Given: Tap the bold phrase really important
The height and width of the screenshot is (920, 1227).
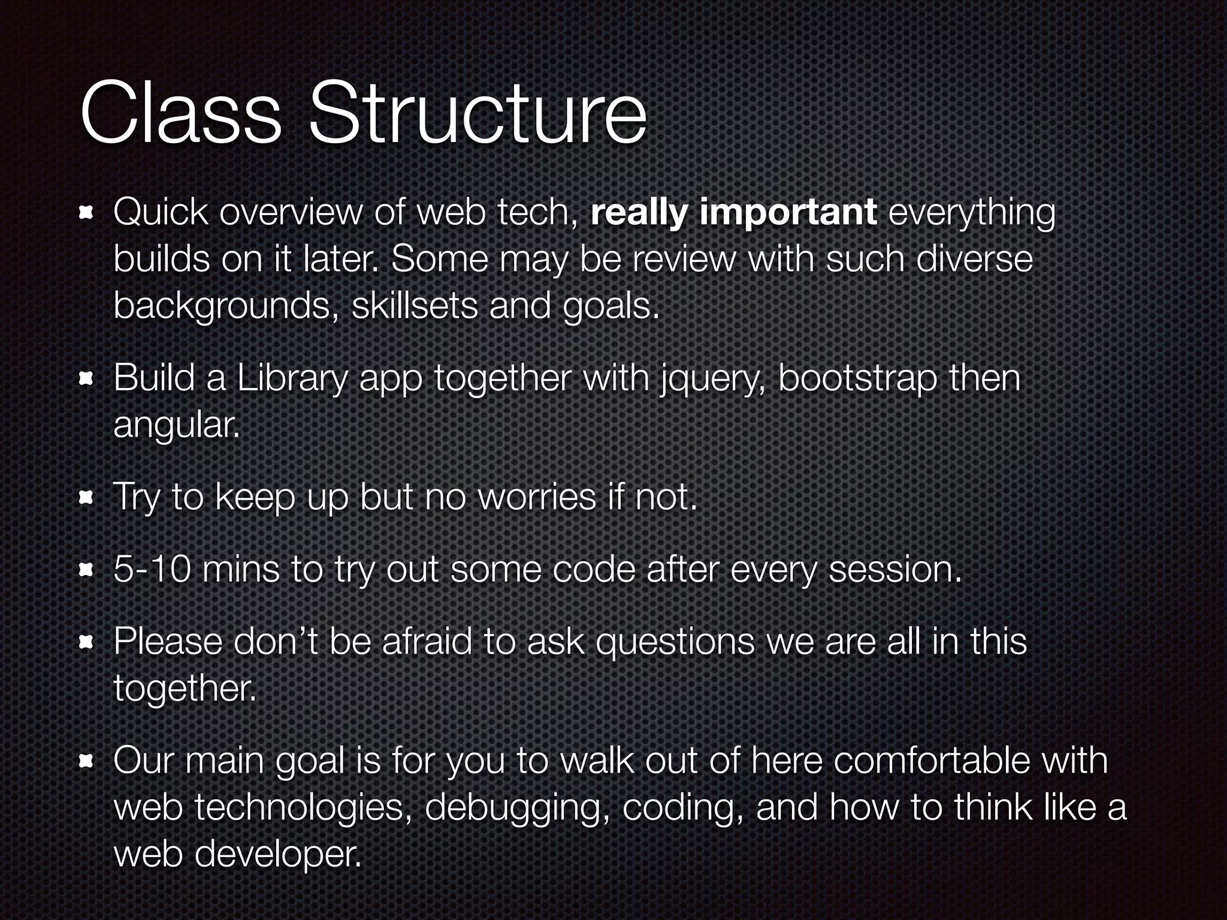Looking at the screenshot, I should coord(733,212).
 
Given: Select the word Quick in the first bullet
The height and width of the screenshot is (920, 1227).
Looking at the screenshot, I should coord(161,212).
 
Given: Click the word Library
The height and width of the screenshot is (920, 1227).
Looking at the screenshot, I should coord(292,379).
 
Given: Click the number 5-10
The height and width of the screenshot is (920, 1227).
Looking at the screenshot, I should coord(152,569).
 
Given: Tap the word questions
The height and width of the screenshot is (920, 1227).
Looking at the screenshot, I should coord(675,642).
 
